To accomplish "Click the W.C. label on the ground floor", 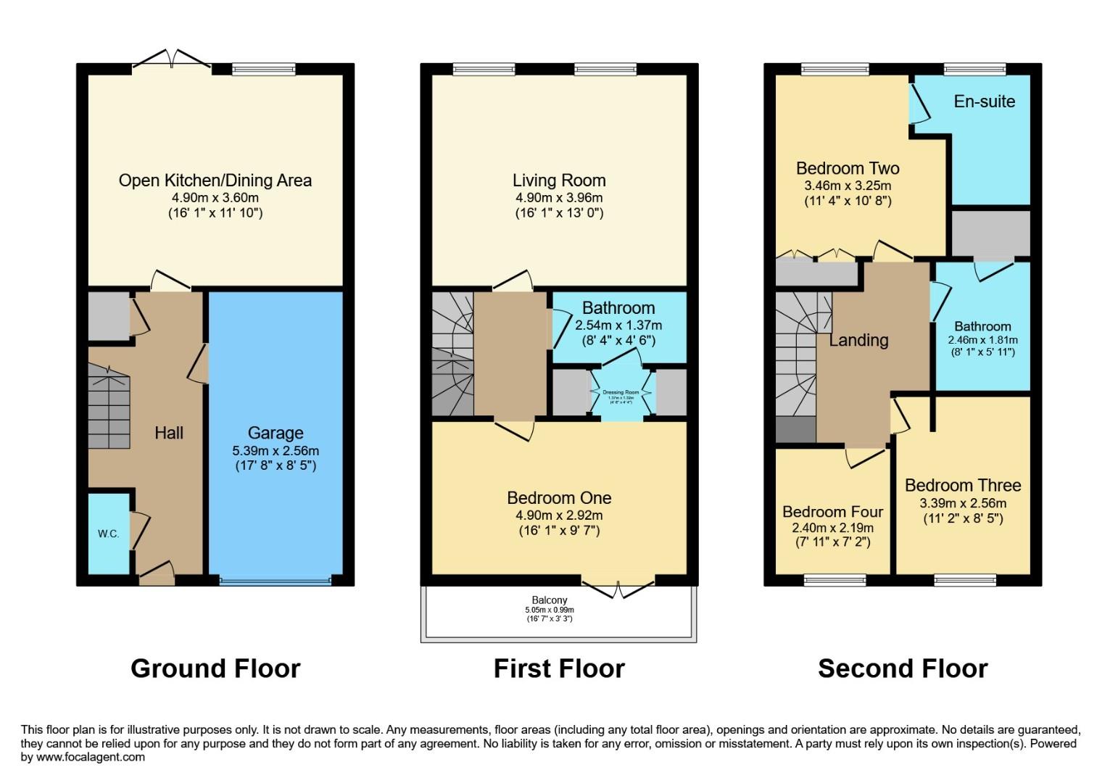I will [109, 534].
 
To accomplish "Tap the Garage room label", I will [275, 433].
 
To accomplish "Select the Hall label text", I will [169, 433].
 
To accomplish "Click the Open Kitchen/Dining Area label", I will [215, 181].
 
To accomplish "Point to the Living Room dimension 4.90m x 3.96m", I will [559, 197].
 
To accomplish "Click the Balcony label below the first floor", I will [550, 600].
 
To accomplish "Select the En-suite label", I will [984, 101].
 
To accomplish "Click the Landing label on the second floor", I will [858, 340].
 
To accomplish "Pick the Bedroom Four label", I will [832, 512].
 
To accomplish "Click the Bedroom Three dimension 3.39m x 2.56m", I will [963, 503].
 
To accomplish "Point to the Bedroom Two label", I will [848, 168].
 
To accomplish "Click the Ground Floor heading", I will [215, 668].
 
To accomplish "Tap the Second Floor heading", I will [903, 668].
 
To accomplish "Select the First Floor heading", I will [559, 668].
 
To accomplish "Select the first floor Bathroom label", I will [618, 308].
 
